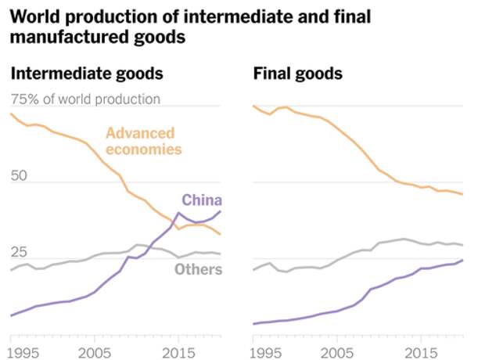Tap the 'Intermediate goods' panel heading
86,74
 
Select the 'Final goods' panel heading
298,74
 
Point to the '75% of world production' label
85,99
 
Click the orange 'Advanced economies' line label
144,141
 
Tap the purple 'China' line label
202,200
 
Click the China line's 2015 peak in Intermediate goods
178,213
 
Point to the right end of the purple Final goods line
463,260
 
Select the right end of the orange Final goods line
463,194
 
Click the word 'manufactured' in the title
65,36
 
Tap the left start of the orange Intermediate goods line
11,114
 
